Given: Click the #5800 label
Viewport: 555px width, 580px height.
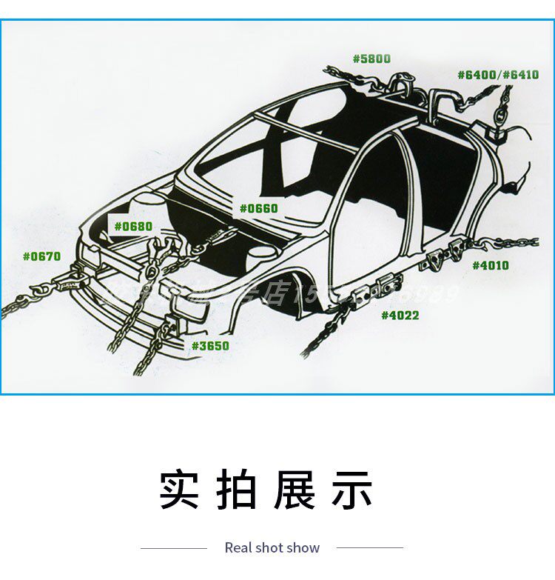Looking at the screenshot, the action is tap(371, 59).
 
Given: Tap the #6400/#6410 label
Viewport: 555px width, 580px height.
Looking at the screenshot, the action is tap(497, 75).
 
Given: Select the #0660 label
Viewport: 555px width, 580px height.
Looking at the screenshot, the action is tap(258, 208).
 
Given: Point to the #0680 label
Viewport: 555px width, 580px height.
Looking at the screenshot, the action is tap(132, 226).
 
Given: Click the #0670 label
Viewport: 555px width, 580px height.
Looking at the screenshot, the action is tap(41, 256).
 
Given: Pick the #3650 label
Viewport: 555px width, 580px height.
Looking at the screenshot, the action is tap(210, 345).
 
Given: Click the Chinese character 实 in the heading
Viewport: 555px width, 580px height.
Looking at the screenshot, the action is tap(180, 490).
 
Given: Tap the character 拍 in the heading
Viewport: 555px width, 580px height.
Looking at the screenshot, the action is tap(237, 490).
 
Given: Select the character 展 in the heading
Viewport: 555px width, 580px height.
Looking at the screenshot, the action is tap(294, 490).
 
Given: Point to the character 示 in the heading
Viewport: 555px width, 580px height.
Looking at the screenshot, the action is tap(351, 490).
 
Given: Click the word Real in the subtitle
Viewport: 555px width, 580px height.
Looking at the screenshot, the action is tap(238, 548).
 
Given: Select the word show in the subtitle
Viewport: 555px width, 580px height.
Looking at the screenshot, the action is tap(304, 548).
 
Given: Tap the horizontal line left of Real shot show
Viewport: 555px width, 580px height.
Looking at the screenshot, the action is tap(174, 548).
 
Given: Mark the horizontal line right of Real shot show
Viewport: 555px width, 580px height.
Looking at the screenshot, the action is tap(369, 548).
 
